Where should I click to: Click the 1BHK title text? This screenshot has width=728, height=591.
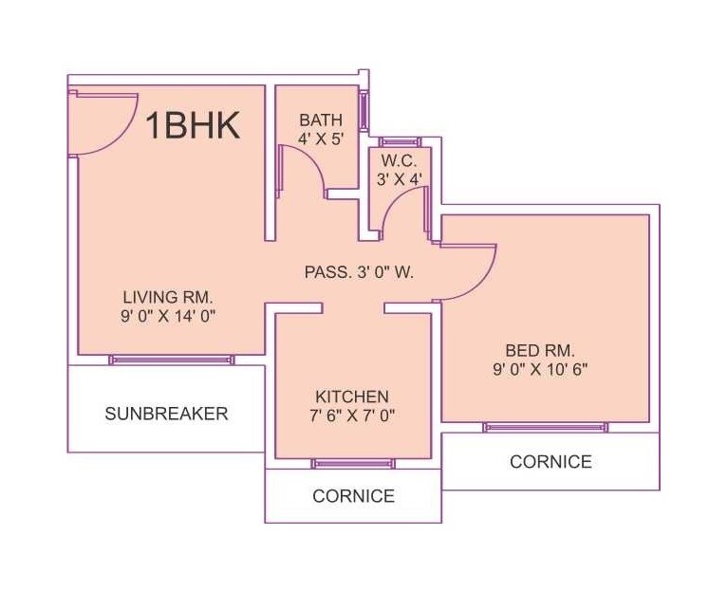tap(192, 126)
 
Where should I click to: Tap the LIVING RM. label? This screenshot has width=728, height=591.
tap(171, 296)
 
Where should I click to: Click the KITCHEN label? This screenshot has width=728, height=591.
tap(352, 396)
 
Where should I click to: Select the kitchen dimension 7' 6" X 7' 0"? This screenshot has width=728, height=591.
tap(352, 415)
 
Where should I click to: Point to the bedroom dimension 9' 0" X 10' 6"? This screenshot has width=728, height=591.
tap(541, 369)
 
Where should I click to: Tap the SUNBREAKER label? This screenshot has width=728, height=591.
tap(166, 413)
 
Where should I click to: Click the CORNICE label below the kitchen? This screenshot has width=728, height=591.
tap(353, 495)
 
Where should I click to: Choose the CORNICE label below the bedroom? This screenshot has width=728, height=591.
tap(551, 462)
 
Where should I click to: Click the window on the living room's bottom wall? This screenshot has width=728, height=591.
tap(171, 360)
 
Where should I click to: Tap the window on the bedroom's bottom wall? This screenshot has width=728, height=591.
tap(545, 427)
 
